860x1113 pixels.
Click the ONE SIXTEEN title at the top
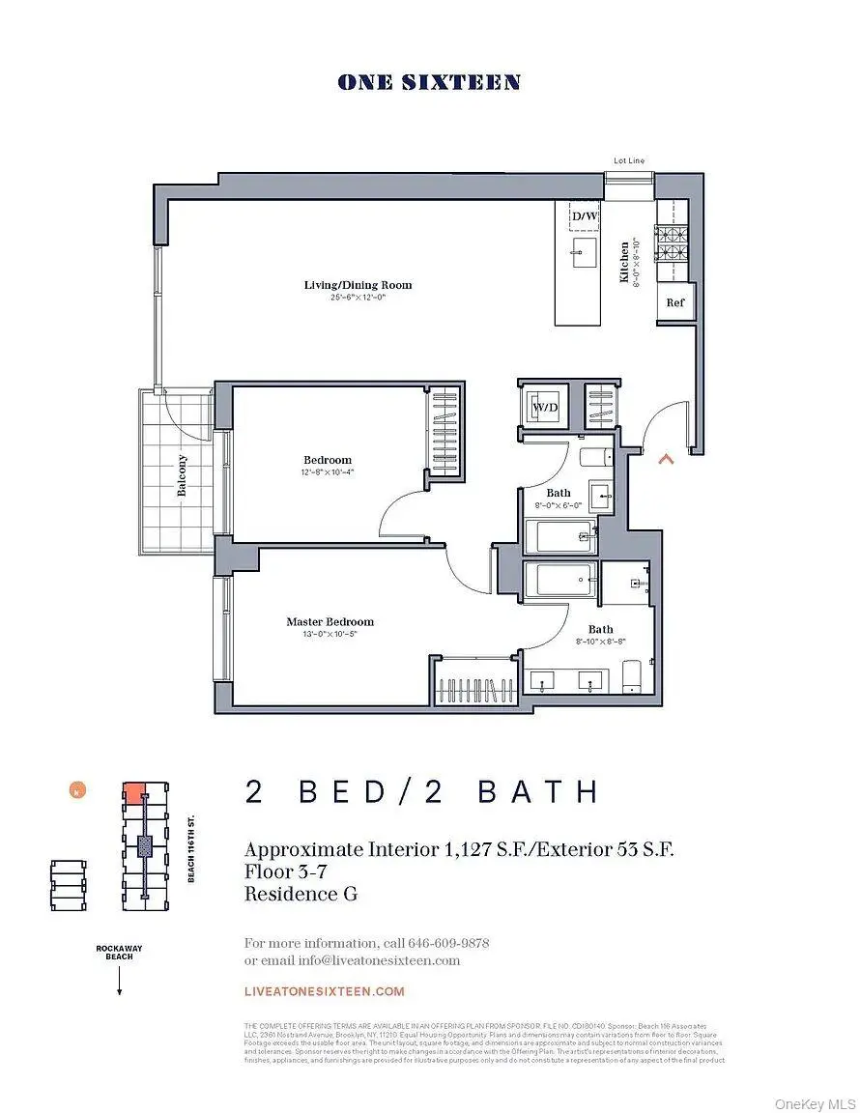pyautogui.click(x=429, y=83)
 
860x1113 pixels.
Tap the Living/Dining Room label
pyautogui.click(x=358, y=285)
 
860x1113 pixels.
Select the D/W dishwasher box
pyautogui.click(x=585, y=216)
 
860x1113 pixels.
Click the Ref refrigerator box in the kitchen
pyautogui.click(x=674, y=302)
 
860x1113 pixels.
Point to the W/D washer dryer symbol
pyautogui.click(x=545, y=408)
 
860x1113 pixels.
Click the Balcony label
pyautogui.click(x=181, y=474)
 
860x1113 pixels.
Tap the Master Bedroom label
pyautogui.click(x=330, y=622)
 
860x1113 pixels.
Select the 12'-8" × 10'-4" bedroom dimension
pyautogui.click(x=329, y=473)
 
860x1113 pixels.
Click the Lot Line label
pyautogui.click(x=628, y=160)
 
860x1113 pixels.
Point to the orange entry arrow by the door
pyautogui.click(x=665, y=459)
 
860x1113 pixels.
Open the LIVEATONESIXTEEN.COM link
pyautogui.click(x=325, y=991)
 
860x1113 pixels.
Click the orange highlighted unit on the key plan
pyautogui.click(x=134, y=794)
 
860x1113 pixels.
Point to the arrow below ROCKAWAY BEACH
pyautogui.click(x=119, y=983)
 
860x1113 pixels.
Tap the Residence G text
pyautogui.click(x=301, y=894)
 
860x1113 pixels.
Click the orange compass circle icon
pyautogui.click(x=75, y=791)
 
